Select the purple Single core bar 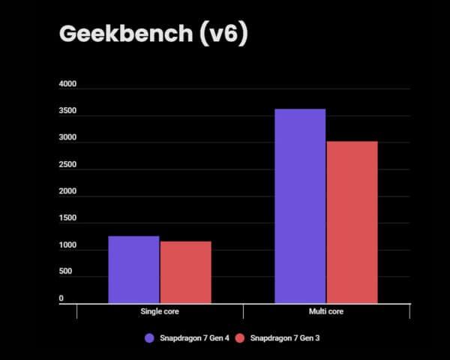click(133, 269)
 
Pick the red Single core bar click(185, 272)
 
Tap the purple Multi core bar click(300, 205)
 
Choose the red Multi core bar click(352, 222)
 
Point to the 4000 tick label click(67, 85)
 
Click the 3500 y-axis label click(67, 112)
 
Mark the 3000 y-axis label click(67, 139)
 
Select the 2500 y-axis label click(67, 165)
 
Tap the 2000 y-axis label click(67, 192)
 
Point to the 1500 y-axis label click(67, 219)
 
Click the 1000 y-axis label click(67, 246)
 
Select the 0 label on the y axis click(61, 298)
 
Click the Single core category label click(160, 310)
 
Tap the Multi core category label click(326, 310)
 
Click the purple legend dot click(149, 338)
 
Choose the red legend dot click(240, 338)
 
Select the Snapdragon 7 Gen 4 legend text click(194, 338)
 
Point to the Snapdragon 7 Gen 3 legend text click(285, 338)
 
